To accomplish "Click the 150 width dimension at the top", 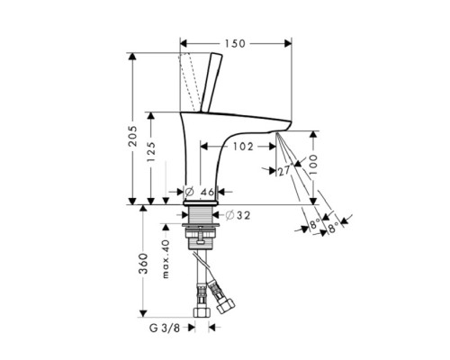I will click(x=236, y=42).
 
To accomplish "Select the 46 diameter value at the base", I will click(x=206, y=192).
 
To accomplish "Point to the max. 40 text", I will click(x=166, y=259).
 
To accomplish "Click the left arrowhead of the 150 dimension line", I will click(x=184, y=42).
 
